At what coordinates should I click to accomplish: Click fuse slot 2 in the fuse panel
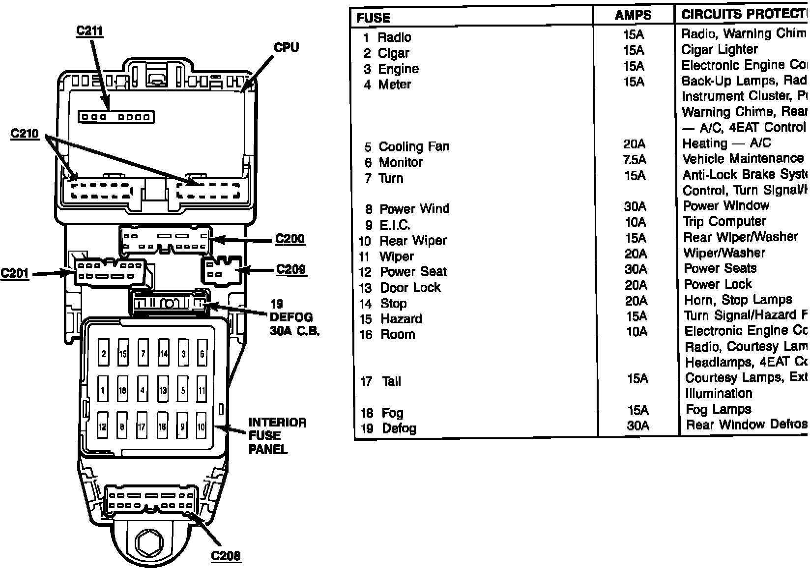click(x=104, y=353)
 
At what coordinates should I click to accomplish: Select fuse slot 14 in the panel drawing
click(x=163, y=353)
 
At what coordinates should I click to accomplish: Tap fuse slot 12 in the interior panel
click(x=102, y=426)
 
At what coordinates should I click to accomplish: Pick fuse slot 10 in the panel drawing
click(x=201, y=426)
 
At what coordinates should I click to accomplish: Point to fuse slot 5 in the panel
click(x=183, y=391)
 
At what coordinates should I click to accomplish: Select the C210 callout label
click(x=25, y=133)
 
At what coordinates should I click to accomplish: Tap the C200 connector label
click(x=290, y=239)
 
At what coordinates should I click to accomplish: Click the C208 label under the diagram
click(x=226, y=556)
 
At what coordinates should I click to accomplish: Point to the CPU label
click(x=286, y=48)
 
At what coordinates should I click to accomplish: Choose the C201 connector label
click(x=15, y=273)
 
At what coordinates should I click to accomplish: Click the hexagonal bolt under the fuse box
click(x=149, y=542)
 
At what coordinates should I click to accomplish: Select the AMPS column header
click(x=633, y=15)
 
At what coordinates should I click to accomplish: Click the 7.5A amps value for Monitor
click(x=634, y=160)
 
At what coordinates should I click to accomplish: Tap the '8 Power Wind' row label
click(x=407, y=209)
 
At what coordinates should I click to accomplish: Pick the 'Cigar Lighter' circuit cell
click(x=720, y=50)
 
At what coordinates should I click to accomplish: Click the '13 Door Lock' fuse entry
click(x=400, y=287)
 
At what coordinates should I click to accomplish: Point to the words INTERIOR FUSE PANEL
click(x=277, y=436)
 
